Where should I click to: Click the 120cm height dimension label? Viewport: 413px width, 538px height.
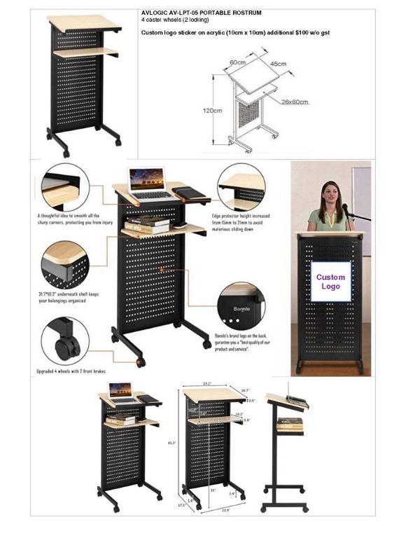pyautogui.click(x=213, y=111)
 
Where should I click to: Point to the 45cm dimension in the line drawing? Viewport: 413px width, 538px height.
pyautogui.click(x=279, y=64)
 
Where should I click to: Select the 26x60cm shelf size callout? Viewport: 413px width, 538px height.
pyautogui.click(x=295, y=102)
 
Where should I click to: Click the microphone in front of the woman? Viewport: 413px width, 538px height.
pyautogui.click(x=346, y=209)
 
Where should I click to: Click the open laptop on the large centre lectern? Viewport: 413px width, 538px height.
pyautogui.click(x=148, y=184)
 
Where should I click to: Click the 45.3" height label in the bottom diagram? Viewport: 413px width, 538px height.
pyautogui.click(x=172, y=442)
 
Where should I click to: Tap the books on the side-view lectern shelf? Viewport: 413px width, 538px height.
pyautogui.click(x=290, y=425)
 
